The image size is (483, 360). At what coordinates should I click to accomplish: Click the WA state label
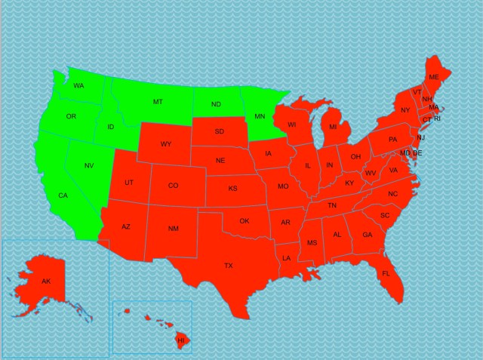click(78, 86)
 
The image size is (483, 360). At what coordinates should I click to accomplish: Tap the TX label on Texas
click(229, 266)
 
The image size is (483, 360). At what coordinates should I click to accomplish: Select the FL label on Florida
click(386, 273)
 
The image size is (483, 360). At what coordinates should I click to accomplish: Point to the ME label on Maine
click(433, 78)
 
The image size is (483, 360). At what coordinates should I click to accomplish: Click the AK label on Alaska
click(46, 282)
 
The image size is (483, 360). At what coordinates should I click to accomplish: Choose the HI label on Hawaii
click(180, 341)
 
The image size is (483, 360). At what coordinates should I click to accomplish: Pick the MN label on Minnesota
click(260, 116)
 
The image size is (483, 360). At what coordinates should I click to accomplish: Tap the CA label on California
click(63, 196)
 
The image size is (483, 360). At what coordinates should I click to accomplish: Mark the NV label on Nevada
click(88, 166)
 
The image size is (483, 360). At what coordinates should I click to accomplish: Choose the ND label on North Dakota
click(216, 104)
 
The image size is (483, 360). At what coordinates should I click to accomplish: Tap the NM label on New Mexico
click(173, 229)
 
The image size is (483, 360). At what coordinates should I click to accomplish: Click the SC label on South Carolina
click(384, 215)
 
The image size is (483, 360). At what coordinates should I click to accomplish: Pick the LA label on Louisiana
click(287, 258)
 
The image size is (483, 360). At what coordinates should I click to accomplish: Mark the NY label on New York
click(405, 111)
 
